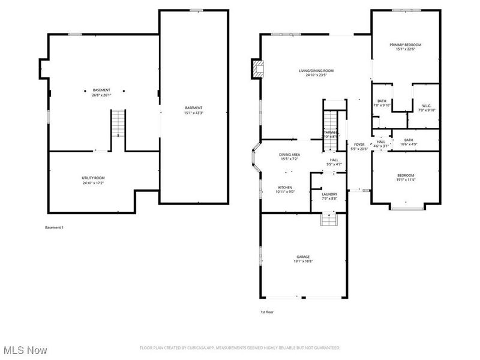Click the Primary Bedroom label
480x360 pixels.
405,45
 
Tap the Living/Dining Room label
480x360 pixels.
316,71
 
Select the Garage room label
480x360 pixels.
302,257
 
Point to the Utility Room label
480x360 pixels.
93,178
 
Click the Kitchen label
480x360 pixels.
284,187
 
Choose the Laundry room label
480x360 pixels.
329,194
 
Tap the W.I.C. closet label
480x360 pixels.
427,106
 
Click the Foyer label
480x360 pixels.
359,145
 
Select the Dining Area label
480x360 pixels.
289,155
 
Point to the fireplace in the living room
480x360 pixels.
258,69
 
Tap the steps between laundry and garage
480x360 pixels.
328,220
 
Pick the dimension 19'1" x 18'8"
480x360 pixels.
302,262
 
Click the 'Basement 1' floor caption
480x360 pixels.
54,227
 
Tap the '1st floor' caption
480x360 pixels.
266,312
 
